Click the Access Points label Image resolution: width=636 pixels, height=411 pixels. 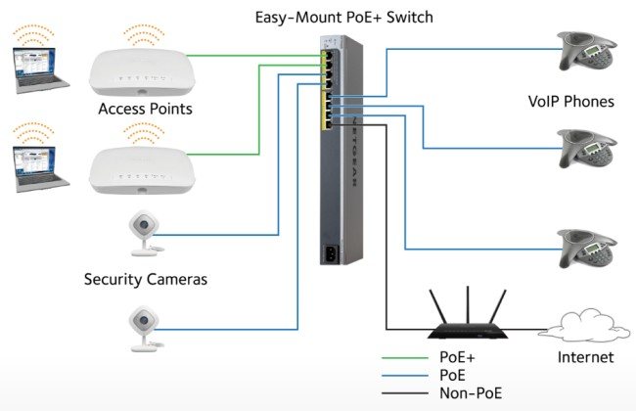click(144, 108)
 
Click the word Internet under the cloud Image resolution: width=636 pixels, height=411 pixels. click(586, 357)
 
